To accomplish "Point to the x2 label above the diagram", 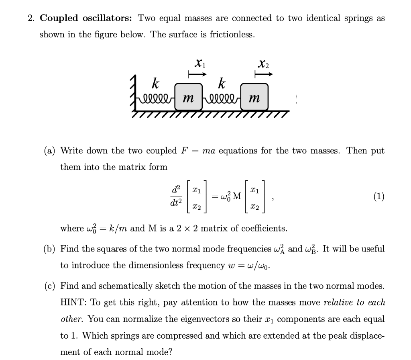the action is coord(264,63).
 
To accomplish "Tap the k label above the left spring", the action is coord(154,84).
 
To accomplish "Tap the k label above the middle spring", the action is coord(221,84).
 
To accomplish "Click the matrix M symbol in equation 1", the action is coord(237,196).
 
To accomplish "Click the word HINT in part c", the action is coord(71,303).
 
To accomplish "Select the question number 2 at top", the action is coord(31,18).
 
